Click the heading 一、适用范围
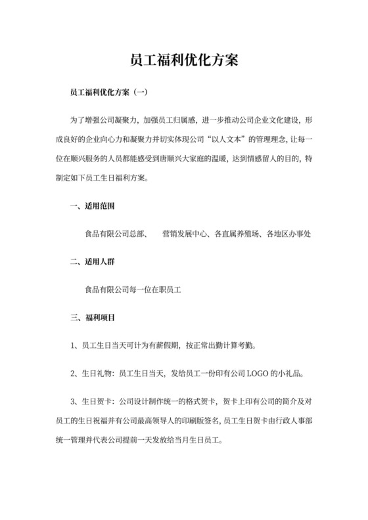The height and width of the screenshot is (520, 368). coord(93,206)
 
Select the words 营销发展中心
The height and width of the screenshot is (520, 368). coord(185,234)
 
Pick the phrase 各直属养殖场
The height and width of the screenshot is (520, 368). coord(238,234)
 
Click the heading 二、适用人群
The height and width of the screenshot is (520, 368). coord(93,261)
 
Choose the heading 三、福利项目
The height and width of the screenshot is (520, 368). coord(93,317)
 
